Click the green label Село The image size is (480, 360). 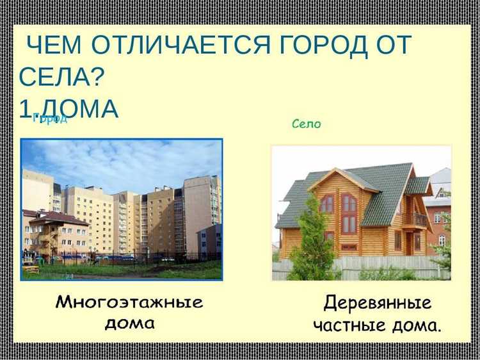[306, 124]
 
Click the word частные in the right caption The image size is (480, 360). [350, 325]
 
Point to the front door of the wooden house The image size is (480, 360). [408, 243]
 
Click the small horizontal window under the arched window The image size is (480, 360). [349, 247]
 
